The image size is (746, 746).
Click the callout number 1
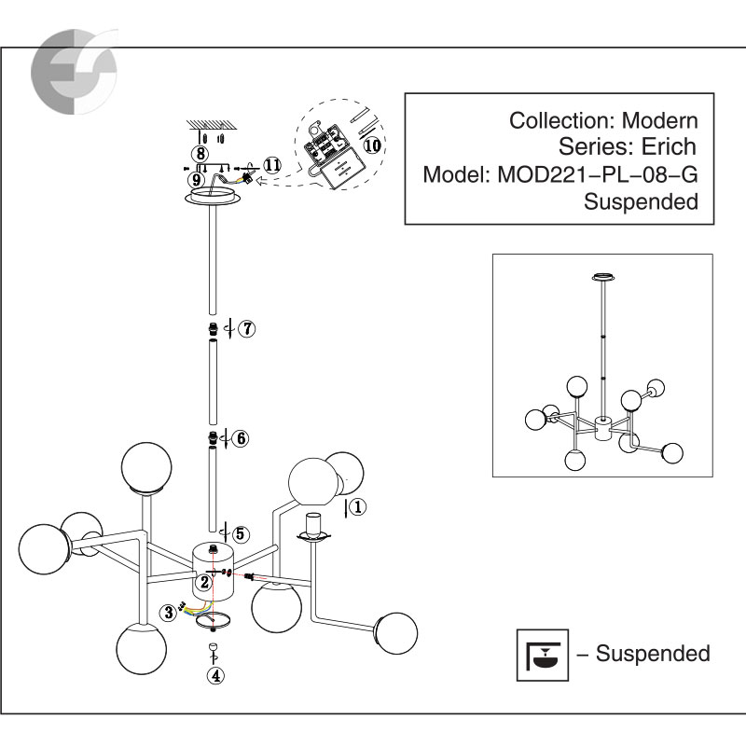(x=361, y=507)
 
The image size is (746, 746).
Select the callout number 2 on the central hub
(x=204, y=583)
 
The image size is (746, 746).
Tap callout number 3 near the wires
(x=169, y=612)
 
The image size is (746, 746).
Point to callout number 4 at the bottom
(x=215, y=676)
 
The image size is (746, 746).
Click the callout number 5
(x=241, y=534)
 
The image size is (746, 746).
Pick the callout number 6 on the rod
(x=241, y=437)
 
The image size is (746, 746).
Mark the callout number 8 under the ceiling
(x=200, y=153)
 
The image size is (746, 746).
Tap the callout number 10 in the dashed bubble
(x=371, y=145)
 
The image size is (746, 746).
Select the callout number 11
(x=271, y=165)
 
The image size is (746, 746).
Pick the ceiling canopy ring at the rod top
(x=215, y=198)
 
